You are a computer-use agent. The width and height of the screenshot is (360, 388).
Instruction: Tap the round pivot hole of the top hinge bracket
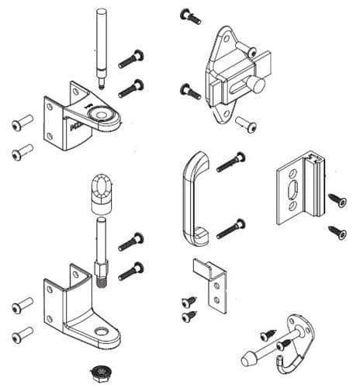point(100,114)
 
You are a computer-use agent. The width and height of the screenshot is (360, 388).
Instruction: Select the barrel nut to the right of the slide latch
point(247,123)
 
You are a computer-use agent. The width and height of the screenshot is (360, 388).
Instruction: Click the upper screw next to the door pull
point(230,163)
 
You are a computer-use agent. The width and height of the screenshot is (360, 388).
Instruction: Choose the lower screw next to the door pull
point(230,230)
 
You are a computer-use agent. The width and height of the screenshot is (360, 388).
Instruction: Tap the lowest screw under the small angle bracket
point(189,317)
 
